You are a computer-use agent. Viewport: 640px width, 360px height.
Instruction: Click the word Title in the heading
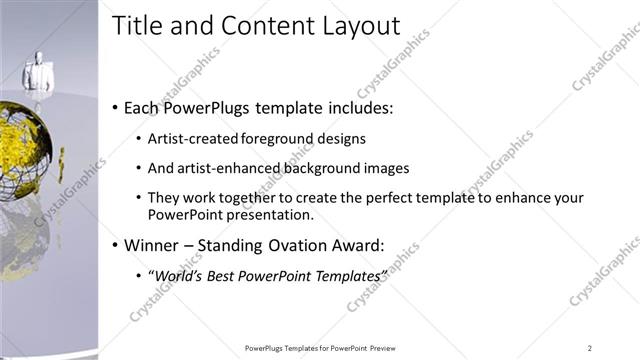tap(137, 26)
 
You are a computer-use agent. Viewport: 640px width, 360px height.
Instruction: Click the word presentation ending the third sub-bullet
tap(273, 214)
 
